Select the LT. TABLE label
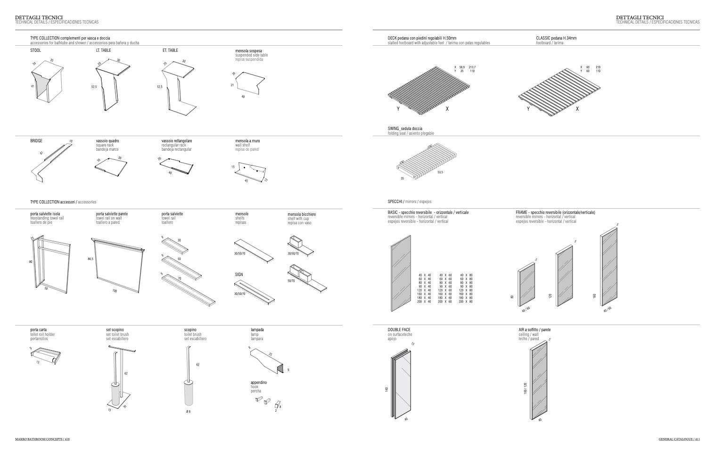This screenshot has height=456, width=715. point(104,50)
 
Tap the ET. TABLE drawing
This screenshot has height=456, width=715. point(179,87)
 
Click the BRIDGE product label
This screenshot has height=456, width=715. point(36,141)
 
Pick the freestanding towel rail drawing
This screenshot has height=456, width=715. point(49,264)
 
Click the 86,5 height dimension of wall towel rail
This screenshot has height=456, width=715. point(90,259)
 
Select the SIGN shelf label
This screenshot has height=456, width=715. point(239,275)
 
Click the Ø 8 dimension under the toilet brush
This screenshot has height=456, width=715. point(188,412)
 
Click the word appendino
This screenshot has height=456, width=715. point(259,383)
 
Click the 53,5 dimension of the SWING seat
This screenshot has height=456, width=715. point(440,172)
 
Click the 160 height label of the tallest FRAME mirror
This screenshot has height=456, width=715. point(594,295)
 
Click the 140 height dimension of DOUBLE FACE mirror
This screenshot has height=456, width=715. point(386,390)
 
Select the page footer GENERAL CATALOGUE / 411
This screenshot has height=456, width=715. point(679,439)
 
